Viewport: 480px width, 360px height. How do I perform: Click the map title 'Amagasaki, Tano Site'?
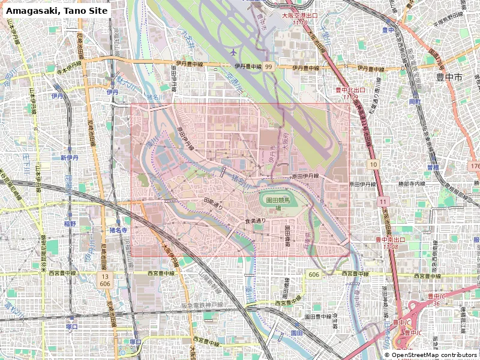pos(58,11)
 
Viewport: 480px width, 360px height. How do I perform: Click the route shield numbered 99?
pos(269,68)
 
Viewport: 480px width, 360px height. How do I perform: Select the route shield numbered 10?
pos(373,164)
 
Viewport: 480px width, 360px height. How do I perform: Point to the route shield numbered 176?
pos(475,166)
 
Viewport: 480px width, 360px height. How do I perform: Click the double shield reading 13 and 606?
pos(105,279)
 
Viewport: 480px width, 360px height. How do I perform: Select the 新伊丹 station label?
pos(70,158)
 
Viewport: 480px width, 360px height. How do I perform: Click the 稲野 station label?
pos(70,224)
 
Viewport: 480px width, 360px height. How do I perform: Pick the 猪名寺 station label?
pos(118,230)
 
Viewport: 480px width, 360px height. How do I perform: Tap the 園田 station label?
pos(296,332)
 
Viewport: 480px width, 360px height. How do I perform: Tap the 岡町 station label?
pos(415,103)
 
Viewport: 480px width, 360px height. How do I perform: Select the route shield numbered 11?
pos(383,204)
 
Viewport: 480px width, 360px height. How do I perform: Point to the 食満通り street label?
pos(255,221)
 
